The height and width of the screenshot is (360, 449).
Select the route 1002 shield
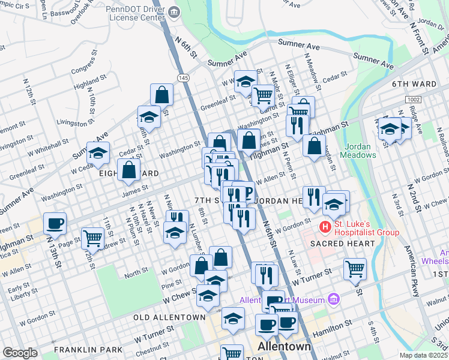point(413,99)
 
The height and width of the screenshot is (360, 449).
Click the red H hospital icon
point(325,227)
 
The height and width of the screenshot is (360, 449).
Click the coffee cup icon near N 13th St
point(55,223)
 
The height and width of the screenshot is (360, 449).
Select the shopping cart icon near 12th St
point(92,238)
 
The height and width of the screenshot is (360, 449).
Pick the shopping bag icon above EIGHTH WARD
point(128,170)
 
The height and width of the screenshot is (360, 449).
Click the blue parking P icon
point(245,191)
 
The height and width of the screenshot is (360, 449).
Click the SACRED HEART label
point(342,244)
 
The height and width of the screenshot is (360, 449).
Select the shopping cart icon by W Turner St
point(355,269)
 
